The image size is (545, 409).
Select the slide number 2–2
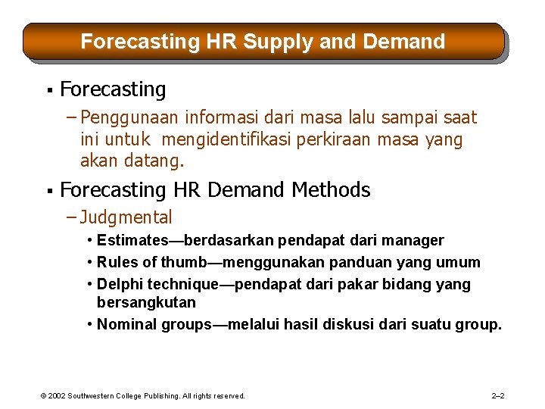coord(498,395)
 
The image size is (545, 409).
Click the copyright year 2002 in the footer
coord(57,396)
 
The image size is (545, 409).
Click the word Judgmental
coord(126,218)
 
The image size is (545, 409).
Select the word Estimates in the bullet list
coord(127,241)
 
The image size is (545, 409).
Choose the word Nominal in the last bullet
coord(125,325)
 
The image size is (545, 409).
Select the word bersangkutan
coord(146,302)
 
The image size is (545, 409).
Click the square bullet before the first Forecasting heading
coord(48,90)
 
